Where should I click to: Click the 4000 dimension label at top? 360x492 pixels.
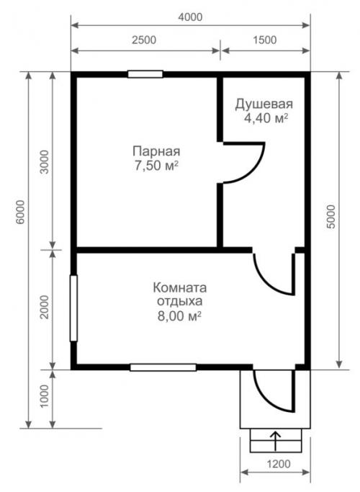pyautogui.click(x=190, y=17)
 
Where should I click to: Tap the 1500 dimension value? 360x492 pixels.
pyautogui.click(x=264, y=40)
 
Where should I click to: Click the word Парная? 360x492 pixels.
pyautogui.click(x=156, y=151)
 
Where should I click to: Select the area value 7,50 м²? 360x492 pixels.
pyautogui.click(x=156, y=166)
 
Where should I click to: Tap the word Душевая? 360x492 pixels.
pyautogui.click(x=264, y=104)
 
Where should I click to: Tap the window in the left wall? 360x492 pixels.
pyautogui.click(x=73, y=308)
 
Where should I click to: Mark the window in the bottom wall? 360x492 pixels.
pyautogui.click(x=163, y=367)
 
